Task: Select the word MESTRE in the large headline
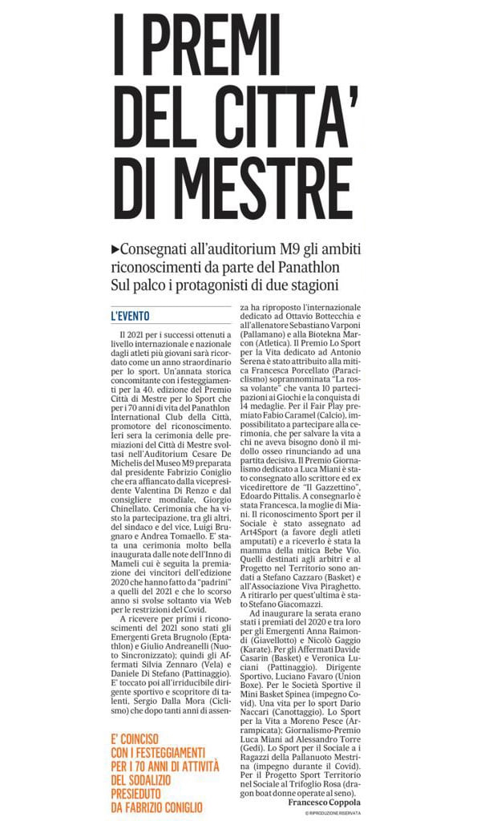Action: click(261, 182)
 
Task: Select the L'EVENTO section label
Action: click(131, 315)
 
